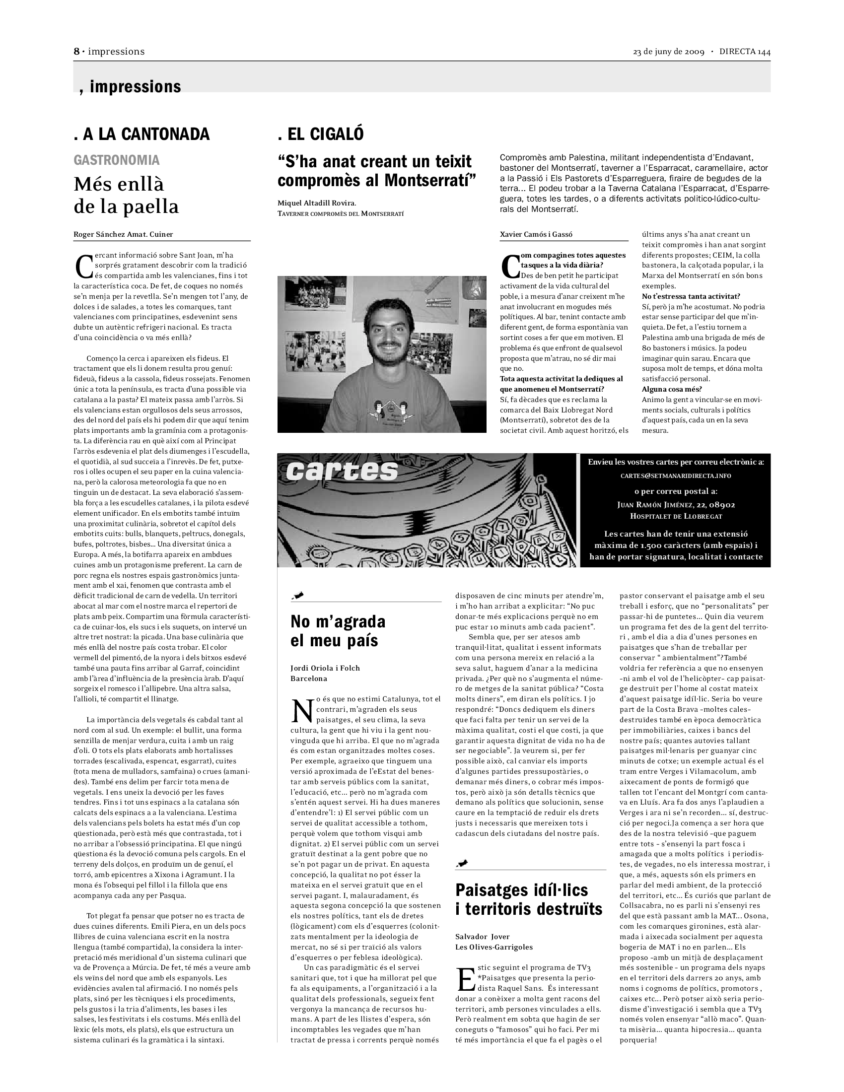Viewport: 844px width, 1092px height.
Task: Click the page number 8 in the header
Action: pos(77,52)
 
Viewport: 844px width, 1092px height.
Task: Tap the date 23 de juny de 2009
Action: pos(669,52)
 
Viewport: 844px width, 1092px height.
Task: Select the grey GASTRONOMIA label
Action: pos(117,160)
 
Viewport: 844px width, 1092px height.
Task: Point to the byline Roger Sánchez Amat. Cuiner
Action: pos(123,234)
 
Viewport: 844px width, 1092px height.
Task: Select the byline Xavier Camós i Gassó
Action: pos(536,234)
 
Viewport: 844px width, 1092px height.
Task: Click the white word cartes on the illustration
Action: pos(342,471)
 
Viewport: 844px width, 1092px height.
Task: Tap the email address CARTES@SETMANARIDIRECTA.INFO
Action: pos(676,476)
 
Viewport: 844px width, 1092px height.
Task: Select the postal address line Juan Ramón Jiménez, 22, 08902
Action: pos(676,505)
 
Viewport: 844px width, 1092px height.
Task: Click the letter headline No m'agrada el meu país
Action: pos(338,630)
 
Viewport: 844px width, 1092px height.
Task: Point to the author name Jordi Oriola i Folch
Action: pos(325,668)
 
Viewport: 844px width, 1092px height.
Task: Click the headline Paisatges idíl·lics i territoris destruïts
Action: pos(529,899)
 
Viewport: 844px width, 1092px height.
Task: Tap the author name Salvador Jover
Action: pos(482,936)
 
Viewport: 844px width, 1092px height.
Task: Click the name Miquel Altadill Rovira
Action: pos(317,203)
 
